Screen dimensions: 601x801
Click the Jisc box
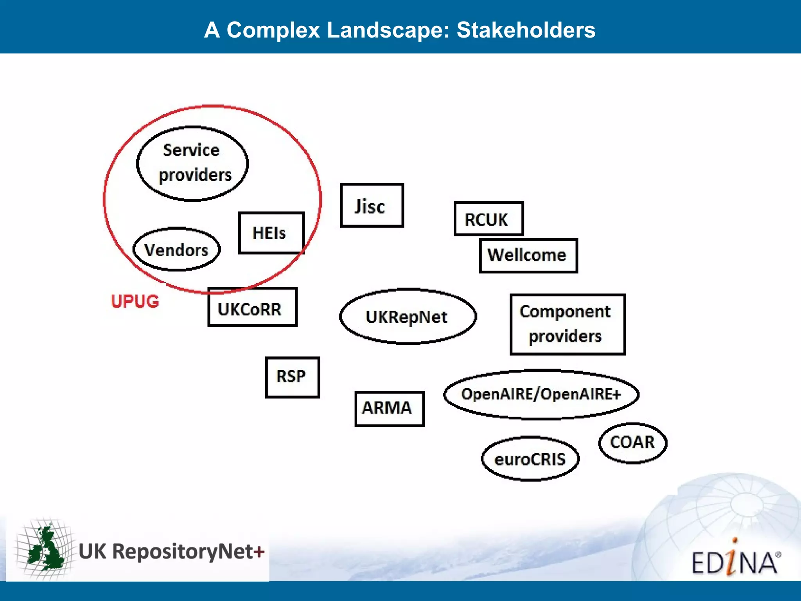(372, 205)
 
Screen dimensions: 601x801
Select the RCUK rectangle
(489, 219)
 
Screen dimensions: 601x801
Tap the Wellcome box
(528, 256)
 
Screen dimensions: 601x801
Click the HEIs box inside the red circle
(271, 233)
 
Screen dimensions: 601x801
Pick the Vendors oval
(176, 250)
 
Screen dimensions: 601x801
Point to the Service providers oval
(192, 164)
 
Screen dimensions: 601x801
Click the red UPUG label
(135, 301)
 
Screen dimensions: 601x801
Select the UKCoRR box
(252, 308)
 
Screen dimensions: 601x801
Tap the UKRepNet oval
(408, 317)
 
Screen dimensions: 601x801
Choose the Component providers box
(567, 324)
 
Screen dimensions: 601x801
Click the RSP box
(292, 377)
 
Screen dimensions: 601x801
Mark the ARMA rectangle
(389, 408)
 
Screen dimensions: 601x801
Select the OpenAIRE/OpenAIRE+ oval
(541, 394)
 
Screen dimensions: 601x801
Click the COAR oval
(632, 443)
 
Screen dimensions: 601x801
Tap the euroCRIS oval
(530, 459)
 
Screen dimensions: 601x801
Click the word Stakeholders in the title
(526, 30)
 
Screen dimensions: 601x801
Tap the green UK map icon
(46, 549)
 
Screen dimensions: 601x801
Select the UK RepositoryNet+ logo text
(171, 552)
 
